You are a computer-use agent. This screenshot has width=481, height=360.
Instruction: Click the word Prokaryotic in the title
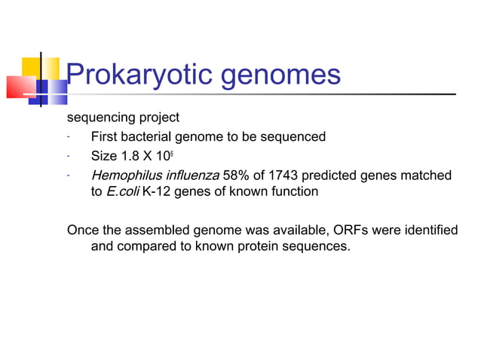click(132, 75)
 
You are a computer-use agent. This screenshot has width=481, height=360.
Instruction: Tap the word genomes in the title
click(273, 76)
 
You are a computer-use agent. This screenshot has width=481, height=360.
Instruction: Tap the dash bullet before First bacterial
click(68, 137)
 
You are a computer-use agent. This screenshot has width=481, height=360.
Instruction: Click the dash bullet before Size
click(68, 157)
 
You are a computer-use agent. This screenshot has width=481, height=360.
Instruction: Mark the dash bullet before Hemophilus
click(68, 175)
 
